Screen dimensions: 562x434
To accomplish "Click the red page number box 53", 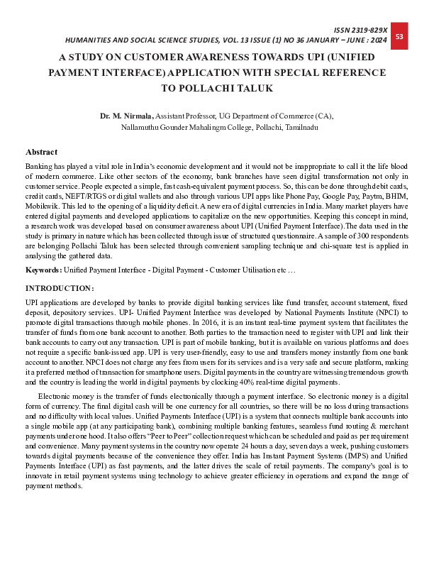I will (399, 36).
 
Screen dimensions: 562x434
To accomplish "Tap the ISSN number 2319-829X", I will (370, 29).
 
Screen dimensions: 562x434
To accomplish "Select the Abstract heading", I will (41, 152).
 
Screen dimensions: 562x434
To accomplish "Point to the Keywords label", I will (43, 270).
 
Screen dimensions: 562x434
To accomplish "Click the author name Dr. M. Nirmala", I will (126, 114).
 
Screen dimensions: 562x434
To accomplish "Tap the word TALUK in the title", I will (250, 88).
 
